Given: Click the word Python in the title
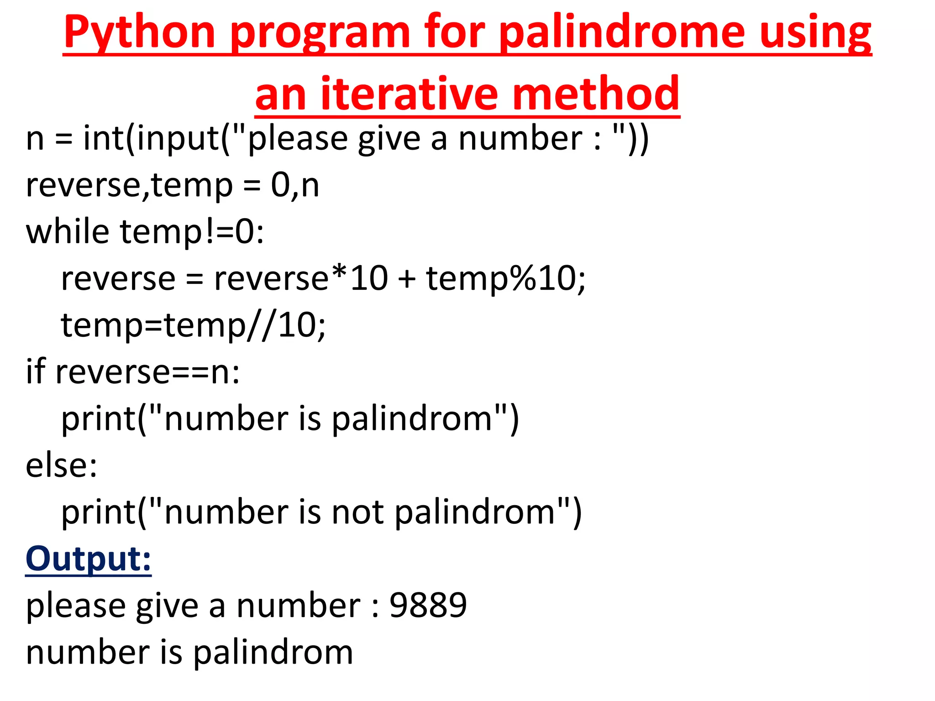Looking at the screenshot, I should [139, 33].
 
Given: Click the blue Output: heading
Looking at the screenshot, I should [88, 559].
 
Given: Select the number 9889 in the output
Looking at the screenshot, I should [428, 605].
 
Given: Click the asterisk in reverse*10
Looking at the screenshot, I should [339, 275].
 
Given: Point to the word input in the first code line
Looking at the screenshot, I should [178, 139].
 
